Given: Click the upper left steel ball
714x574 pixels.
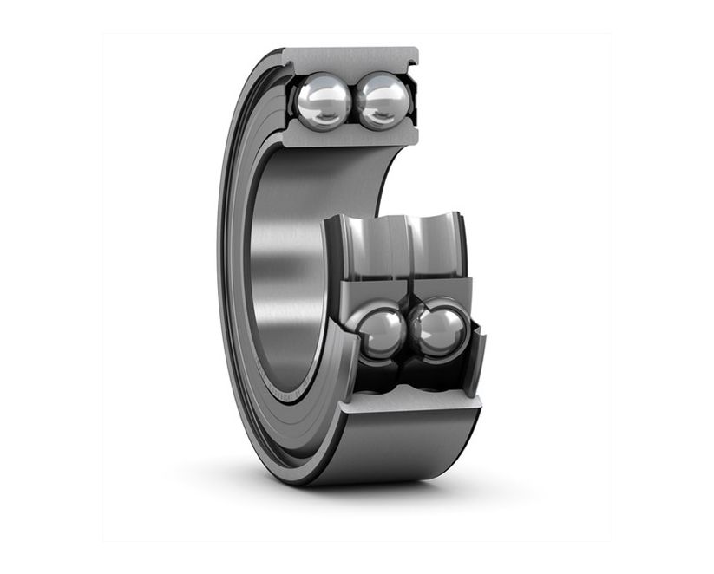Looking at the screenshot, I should click(323, 101).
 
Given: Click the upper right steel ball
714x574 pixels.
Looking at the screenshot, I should click(383, 101).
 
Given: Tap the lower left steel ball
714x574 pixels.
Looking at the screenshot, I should click(379, 333).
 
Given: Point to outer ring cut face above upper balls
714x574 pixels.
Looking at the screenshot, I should click(350, 58).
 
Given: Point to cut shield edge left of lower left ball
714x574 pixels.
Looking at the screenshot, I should click(348, 364).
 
